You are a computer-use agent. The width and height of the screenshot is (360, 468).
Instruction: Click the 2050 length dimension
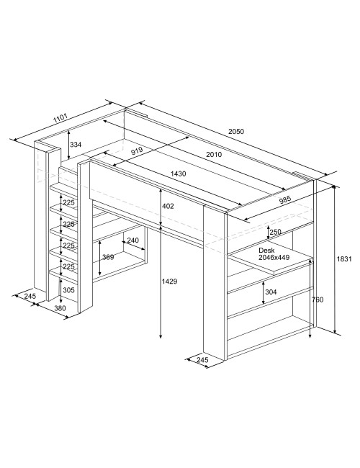click(236, 131)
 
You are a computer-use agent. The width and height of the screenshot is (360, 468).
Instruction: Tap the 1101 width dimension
click(60, 118)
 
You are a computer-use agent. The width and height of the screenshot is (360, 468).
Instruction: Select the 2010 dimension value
click(214, 154)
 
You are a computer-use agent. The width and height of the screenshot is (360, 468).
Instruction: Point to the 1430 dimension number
click(179, 174)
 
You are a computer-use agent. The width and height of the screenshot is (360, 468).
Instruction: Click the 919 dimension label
click(137, 151)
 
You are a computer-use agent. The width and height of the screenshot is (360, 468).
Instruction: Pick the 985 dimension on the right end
click(285, 200)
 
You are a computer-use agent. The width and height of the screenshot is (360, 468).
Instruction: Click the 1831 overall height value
click(344, 259)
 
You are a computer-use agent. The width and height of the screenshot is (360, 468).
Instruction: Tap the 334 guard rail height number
click(76, 145)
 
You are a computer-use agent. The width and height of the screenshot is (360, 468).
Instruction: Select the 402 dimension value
click(168, 206)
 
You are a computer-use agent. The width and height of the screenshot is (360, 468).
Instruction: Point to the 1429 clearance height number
click(169, 281)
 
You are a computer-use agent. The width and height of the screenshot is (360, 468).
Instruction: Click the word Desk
click(266, 250)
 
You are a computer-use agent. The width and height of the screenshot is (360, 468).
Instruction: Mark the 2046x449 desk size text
click(274, 257)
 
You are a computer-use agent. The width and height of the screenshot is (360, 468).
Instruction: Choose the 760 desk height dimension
click(318, 300)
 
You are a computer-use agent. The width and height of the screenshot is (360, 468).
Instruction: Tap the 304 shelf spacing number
click(271, 292)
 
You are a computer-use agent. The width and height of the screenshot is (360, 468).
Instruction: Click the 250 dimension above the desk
click(275, 232)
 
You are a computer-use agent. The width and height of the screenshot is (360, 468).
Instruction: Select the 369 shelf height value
click(108, 257)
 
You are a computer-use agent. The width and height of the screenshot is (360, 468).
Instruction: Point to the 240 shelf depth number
click(132, 240)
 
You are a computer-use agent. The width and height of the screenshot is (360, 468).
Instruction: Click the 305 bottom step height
click(68, 290)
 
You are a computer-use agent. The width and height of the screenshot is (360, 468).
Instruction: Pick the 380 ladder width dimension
click(60, 308)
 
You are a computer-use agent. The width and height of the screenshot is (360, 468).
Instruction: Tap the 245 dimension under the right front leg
click(203, 360)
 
